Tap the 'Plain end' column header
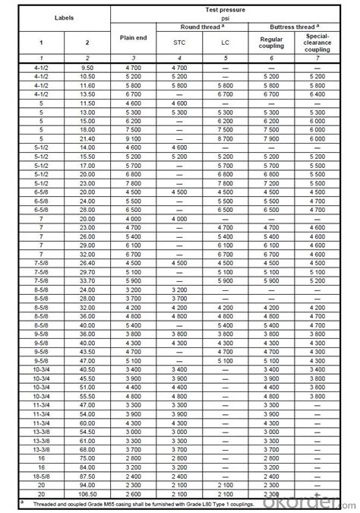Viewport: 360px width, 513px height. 134,36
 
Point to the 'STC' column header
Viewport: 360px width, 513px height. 180,43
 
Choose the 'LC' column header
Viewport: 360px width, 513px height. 226,43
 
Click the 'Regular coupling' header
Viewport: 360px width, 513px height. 271,43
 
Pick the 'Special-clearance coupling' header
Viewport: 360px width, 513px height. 317,43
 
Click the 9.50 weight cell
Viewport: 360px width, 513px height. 87,68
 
